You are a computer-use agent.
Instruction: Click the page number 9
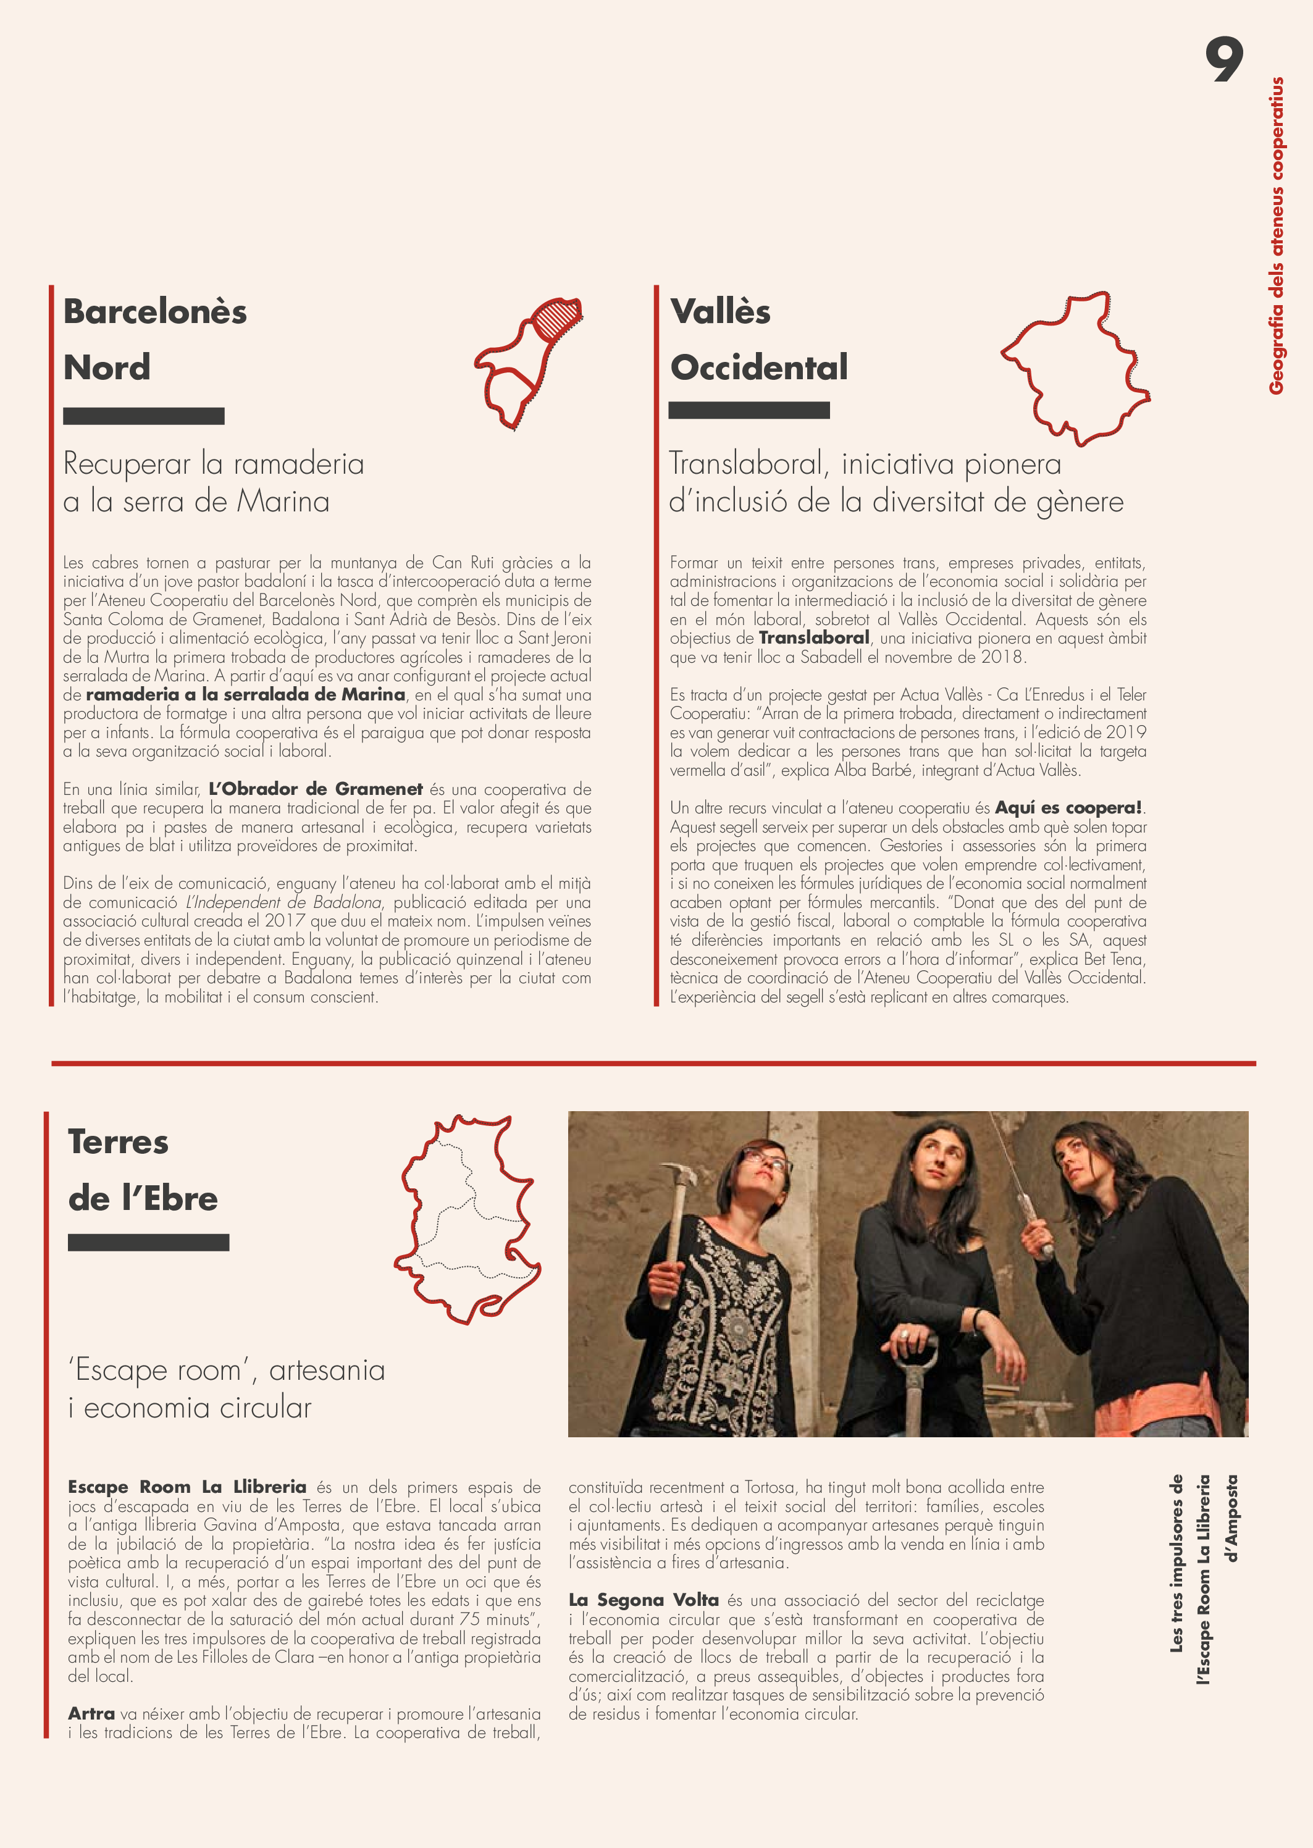pyautogui.click(x=1223, y=60)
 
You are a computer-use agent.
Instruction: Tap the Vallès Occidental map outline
pyautogui.click(x=1075, y=368)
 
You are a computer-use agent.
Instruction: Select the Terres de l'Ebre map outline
pyautogui.click(x=468, y=1220)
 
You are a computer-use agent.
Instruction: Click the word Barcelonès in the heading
pyautogui.click(x=155, y=312)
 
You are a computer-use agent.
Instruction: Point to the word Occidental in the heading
pyautogui.click(x=758, y=368)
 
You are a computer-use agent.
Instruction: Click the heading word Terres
pyautogui.click(x=119, y=1142)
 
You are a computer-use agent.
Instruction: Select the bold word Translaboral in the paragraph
pyautogui.click(x=813, y=638)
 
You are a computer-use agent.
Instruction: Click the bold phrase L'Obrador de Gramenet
pyautogui.click(x=316, y=789)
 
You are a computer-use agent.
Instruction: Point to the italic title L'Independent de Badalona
pyautogui.click(x=283, y=902)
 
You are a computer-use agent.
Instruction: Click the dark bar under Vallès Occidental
pyautogui.click(x=749, y=410)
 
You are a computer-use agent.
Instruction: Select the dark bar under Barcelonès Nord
pyautogui.click(x=144, y=416)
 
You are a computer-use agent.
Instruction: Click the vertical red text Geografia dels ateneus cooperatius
pyautogui.click(x=1277, y=235)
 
